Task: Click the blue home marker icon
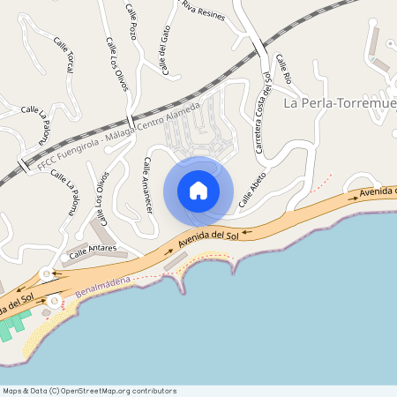click(x=198, y=191)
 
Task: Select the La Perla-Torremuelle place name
click(x=340, y=104)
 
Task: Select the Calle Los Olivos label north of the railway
click(x=116, y=64)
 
